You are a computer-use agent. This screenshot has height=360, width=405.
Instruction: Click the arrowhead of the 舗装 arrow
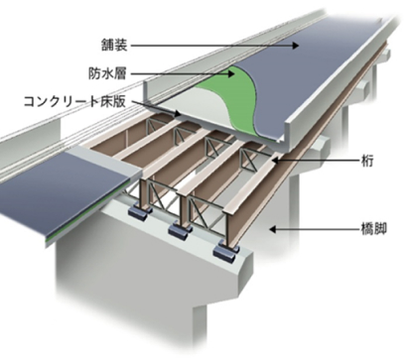[302, 46]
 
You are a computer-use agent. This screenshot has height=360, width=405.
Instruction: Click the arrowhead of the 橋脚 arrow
[271, 228]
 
